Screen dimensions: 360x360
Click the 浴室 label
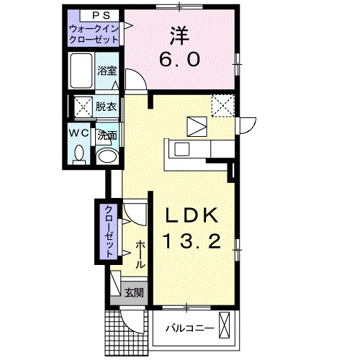pos(107,71)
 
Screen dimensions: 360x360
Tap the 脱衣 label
pos(106,107)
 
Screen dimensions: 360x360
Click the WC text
pos(80,133)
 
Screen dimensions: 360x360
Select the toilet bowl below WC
pos(80,153)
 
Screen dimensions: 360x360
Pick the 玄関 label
pos(132,292)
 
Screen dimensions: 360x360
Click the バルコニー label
pos(189,328)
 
